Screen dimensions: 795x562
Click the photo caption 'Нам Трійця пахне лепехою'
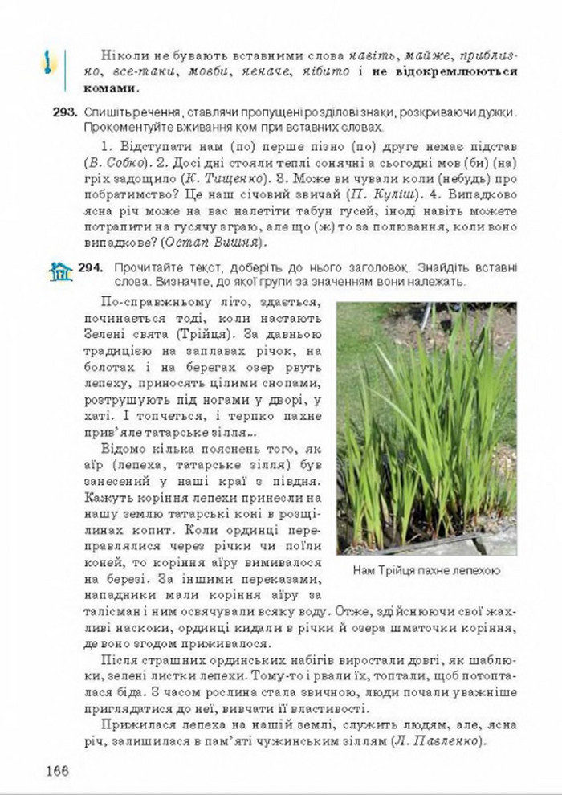426,572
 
